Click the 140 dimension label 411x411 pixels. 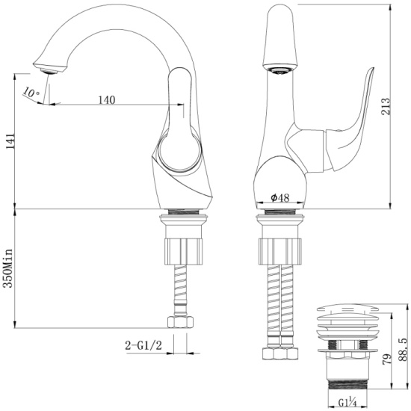107,99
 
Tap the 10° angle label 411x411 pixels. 31,92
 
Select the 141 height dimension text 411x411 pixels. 10,141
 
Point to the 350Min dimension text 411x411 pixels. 8,268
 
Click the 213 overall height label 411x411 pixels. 386,106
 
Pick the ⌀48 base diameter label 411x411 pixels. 280,198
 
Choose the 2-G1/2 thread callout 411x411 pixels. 143,346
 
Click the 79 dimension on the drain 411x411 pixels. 386,359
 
